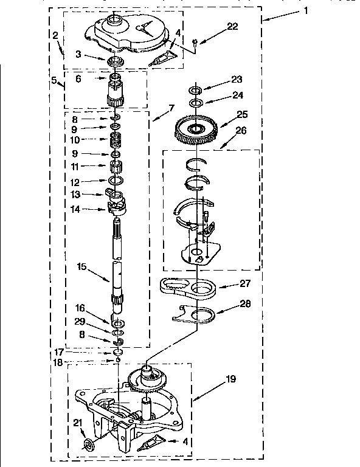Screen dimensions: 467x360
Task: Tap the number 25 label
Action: click(x=226, y=114)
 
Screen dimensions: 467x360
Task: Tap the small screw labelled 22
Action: click(x=194, y=43)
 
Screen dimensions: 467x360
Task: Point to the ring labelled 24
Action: click(x=195, y=103)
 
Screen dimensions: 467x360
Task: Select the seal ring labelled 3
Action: click(x=115, y=61)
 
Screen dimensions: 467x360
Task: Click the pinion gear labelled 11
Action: click(x=115, y=167)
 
